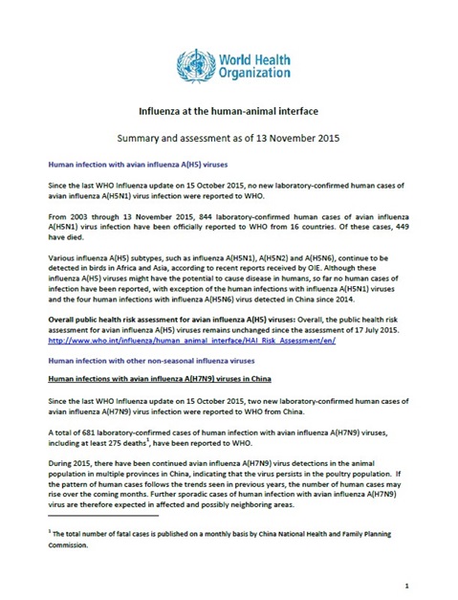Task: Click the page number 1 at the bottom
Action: click(407, 581)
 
